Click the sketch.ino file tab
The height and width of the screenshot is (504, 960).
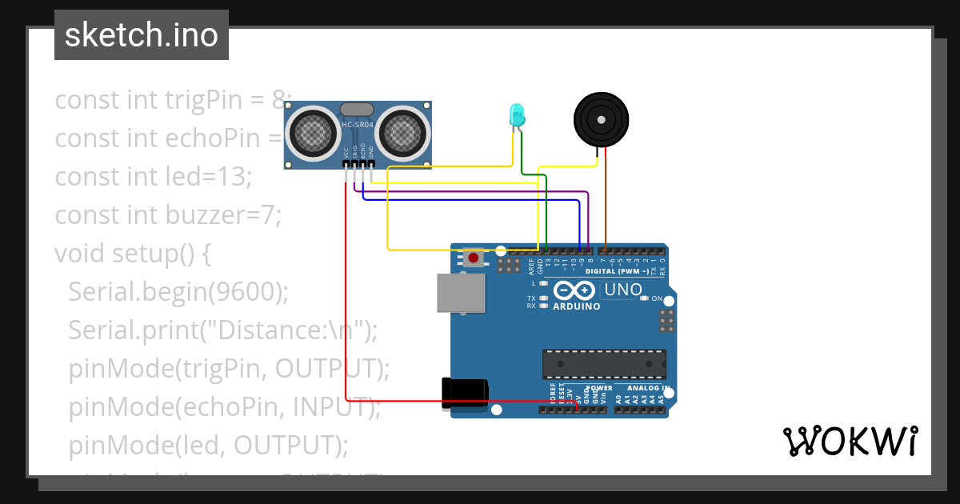click(142, 35)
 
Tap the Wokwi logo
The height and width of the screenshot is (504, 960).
click(850, 441)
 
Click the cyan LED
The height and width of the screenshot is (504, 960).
click(516, 114)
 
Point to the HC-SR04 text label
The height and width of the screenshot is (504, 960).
click(358, 125)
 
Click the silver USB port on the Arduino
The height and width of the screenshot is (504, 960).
click(461, 293)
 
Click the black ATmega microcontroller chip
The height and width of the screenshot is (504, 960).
click(604, 363)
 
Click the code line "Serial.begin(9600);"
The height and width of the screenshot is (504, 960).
click(178, 291)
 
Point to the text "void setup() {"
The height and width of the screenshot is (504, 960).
click(133, 253)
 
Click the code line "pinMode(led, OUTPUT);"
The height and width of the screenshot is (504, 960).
click(208, 444)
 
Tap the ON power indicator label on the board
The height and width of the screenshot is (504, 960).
click(657, 298)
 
